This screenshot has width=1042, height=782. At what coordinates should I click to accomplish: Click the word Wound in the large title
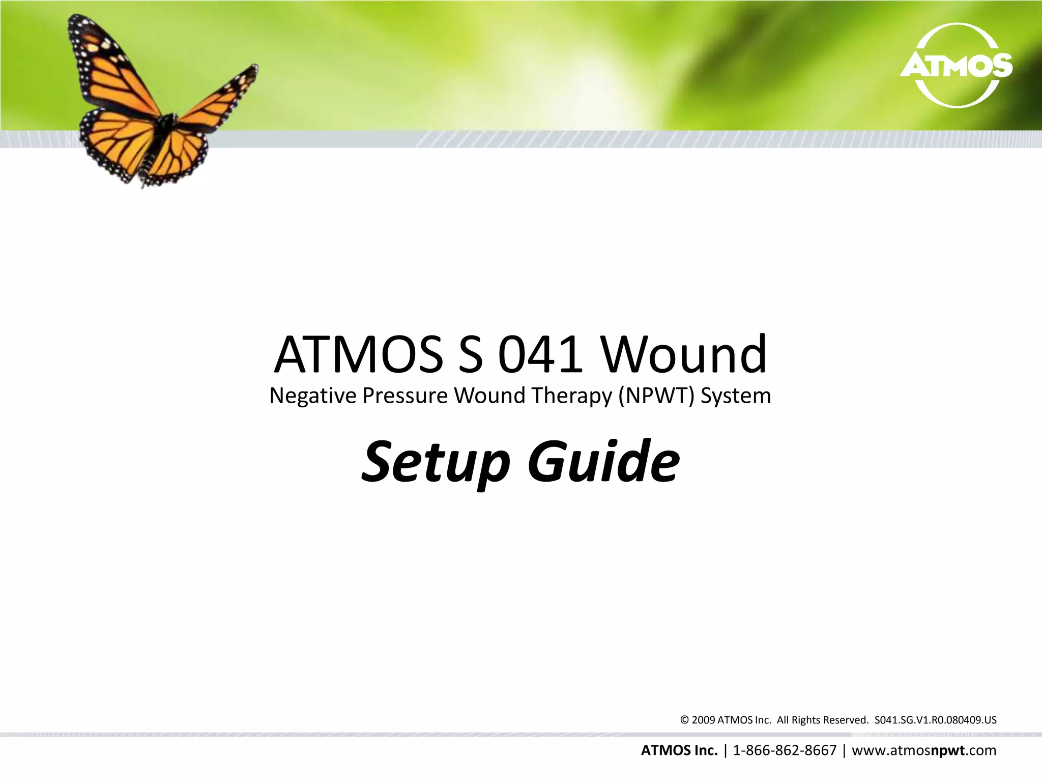[684, 354]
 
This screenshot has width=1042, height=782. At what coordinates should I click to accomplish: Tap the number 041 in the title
[540, 354]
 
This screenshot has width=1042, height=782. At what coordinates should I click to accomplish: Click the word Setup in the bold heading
[436, 462]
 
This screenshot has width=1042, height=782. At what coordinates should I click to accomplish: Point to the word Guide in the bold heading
[603, 461]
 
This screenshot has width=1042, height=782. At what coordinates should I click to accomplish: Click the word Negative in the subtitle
[312, 396]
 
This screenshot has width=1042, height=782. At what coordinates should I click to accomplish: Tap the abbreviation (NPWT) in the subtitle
[656, 396]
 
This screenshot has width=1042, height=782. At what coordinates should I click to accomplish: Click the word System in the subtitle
[736, 396]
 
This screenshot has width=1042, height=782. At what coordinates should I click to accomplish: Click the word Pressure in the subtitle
[405, 396]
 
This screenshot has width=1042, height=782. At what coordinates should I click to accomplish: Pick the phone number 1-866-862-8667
[785, 750]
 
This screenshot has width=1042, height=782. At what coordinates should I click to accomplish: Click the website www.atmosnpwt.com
[924, 750]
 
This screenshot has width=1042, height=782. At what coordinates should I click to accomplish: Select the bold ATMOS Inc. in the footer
[679, 750]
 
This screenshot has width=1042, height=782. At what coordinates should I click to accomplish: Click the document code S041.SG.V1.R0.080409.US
[935, 720]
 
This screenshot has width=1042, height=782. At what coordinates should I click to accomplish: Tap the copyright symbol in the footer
[684, 720]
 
